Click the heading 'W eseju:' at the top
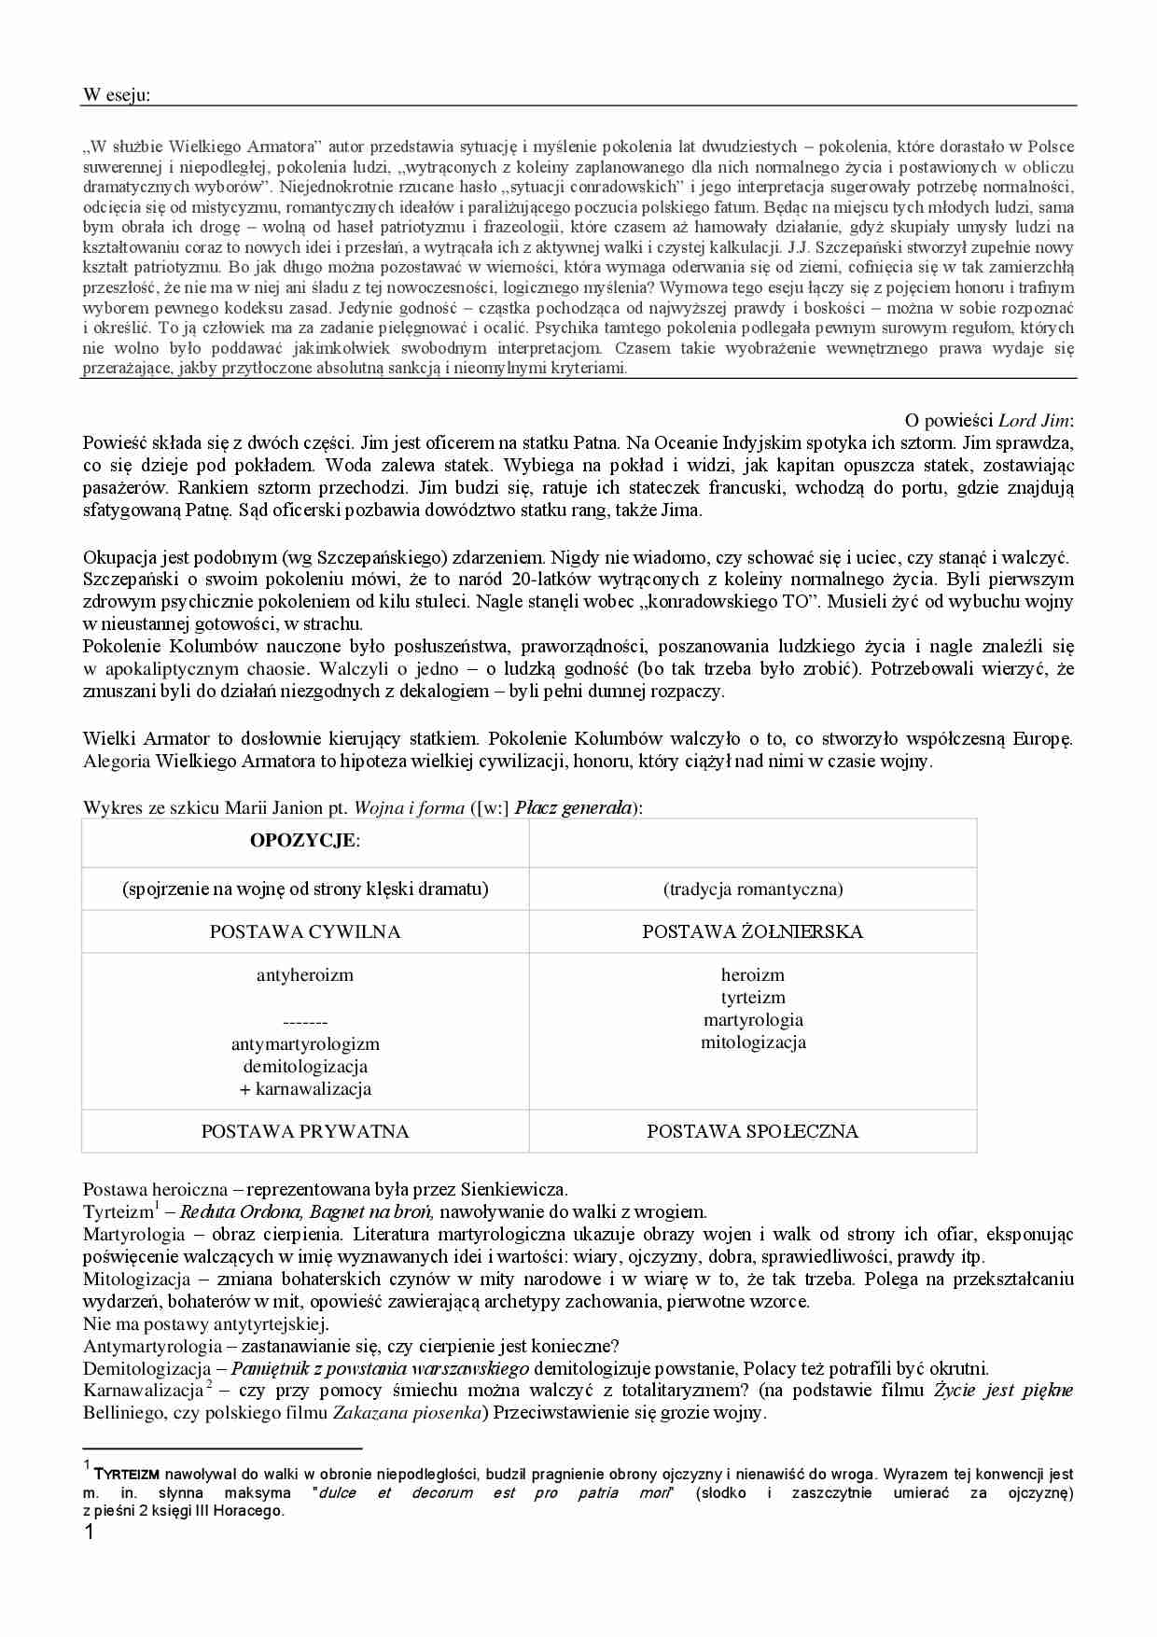point(116,94)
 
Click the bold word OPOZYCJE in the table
point(302,840)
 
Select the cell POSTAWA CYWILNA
point(305,931)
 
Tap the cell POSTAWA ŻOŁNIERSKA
point(752,931)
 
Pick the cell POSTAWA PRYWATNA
point(305,1131)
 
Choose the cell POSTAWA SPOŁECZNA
point(752,1131)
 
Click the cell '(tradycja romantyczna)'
point(752,888)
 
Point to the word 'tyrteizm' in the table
point(752,998)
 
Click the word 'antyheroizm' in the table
point(305,975)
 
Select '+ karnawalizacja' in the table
point(305,1088)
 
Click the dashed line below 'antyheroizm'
point(305,1022)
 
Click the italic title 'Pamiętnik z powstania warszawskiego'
point(380,1369)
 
